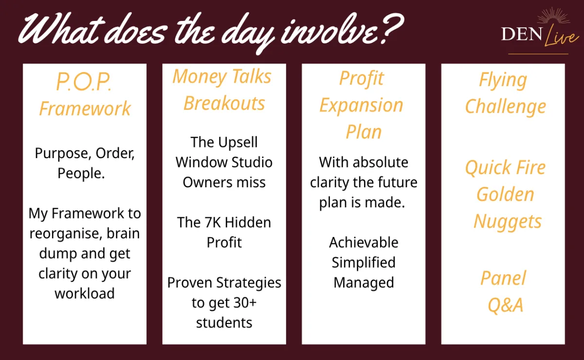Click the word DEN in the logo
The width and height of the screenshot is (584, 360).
pos(522,34)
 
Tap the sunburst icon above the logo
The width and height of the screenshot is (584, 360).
pos(554,16)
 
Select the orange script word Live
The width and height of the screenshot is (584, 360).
pos(561,36)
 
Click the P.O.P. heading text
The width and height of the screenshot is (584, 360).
pos(84,82)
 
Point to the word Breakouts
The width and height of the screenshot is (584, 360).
pos(224,103)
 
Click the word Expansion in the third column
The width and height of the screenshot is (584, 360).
pos(361,106)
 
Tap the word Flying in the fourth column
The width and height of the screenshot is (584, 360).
pos(503,80)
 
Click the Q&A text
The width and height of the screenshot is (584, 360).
pos(506,305)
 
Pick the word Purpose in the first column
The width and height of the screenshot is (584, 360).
pos(63,154)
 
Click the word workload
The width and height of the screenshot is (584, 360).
pos(85,293)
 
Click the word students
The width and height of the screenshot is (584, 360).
pos(224,323)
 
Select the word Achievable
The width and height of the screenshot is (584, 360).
pos(364,242)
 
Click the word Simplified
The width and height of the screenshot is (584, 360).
pos(364,263)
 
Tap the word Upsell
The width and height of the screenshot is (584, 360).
pos(238,143)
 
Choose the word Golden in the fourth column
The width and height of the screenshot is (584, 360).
pos(506,195)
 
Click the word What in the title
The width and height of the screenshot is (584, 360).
pos(61,29)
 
